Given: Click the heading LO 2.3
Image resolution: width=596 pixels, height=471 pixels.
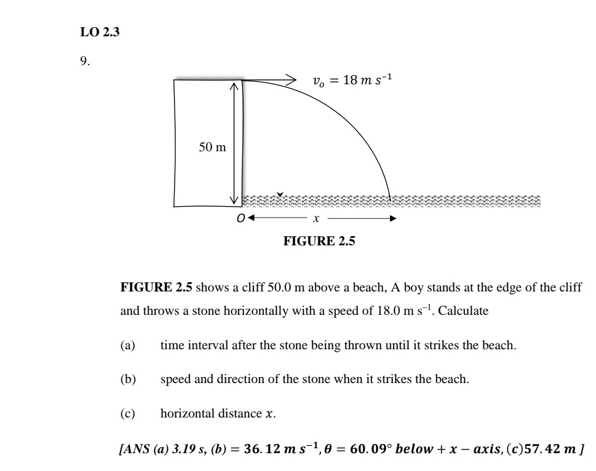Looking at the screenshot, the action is coord(100,32).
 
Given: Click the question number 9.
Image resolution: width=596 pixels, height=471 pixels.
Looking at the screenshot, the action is coord(85,61).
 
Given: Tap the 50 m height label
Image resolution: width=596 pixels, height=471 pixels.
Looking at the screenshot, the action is coord(212,147).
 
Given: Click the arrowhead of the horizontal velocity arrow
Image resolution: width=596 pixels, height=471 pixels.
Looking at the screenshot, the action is coord(291,80).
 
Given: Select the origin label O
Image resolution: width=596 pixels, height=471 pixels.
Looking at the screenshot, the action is coord(240,218).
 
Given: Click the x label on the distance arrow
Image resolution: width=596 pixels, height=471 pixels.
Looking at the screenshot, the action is coord(316,219).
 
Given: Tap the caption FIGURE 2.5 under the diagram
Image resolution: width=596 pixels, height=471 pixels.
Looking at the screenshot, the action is coord(319,241).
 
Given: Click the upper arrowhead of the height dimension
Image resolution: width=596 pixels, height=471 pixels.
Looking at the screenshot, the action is coord(234,86).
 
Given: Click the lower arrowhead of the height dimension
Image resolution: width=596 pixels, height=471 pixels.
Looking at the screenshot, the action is coord(234,200).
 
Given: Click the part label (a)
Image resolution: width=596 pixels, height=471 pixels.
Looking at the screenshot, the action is coord(128,346).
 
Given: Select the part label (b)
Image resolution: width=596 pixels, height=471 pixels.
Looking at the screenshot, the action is coord(128,379).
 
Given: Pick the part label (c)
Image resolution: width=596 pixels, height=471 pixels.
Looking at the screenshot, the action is coord(128,413).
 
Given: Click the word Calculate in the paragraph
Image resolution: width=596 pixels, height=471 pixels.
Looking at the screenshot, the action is coord(463,311).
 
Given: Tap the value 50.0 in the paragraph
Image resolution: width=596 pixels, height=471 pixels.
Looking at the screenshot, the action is coord(279,288).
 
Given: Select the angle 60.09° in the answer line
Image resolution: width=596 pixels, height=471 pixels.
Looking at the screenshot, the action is coord(371,449).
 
